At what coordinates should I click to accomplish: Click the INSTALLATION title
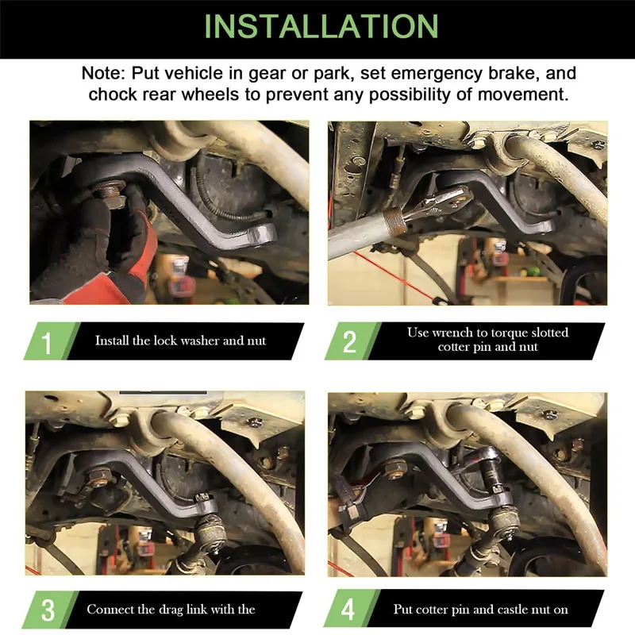coord(321,26)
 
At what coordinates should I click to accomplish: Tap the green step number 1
coord(47,343)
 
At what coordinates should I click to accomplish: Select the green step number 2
coord(349,342)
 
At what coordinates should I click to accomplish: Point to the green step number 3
coord(48,610)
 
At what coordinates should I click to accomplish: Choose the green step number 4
coord(348,610)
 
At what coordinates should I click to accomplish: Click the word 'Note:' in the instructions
coord(103,73)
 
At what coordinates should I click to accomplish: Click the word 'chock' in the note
coord(113,94)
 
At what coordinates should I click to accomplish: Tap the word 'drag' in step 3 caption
coord(172,610)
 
